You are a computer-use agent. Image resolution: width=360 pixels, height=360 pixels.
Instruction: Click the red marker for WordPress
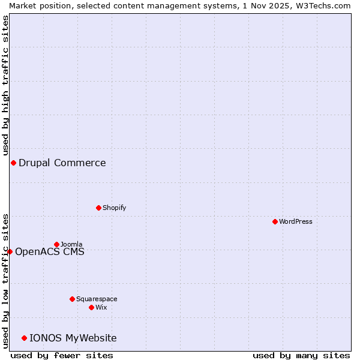point(275,221)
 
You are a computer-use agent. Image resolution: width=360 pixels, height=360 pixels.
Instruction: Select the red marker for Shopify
point(98,208)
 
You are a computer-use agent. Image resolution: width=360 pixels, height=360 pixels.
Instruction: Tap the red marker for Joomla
point(57,244)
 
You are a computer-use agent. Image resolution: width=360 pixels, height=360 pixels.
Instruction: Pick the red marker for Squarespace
point(72,299)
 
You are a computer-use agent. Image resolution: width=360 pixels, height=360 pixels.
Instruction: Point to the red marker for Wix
point(91,307)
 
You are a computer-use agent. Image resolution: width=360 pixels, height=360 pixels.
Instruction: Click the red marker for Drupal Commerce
point(13,163)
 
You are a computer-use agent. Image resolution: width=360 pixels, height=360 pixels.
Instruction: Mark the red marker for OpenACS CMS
point(10,251)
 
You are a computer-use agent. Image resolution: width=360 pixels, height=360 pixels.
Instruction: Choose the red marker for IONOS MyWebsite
point(24,338)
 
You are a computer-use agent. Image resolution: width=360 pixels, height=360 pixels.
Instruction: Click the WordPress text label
point(296,221)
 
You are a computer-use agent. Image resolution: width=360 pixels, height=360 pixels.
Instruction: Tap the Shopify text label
point(115,208)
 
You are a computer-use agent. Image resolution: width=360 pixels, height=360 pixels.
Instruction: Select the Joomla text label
point(71,244)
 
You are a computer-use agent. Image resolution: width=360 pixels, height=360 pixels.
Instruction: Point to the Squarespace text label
point(97,299)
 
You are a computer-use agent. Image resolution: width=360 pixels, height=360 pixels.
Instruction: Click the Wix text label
point(101,307)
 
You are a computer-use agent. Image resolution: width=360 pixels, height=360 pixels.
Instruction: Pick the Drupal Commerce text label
point(62,163)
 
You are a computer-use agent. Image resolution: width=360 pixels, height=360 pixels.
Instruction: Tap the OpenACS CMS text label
point(50,251)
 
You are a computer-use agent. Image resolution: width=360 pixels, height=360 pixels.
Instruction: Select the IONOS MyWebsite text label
point(73,338)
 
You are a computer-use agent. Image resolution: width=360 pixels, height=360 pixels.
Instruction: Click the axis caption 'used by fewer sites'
point(62,355)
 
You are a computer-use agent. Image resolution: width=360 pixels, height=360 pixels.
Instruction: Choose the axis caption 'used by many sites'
point(301,355)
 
